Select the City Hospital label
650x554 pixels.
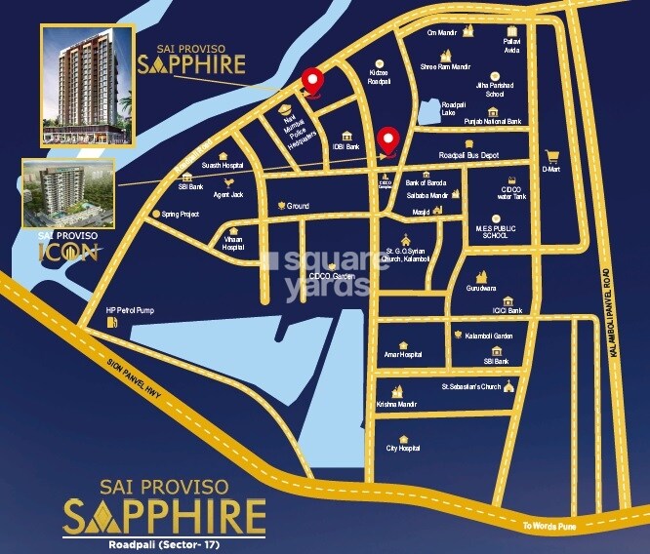click(x=403, y=448)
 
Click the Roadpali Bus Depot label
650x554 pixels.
click(x=468, y=155)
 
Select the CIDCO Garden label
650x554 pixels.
click(x=331, y=277)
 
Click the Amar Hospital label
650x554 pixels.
click(x=402, y=355)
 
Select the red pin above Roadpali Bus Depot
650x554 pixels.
click(x=388, y=140)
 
